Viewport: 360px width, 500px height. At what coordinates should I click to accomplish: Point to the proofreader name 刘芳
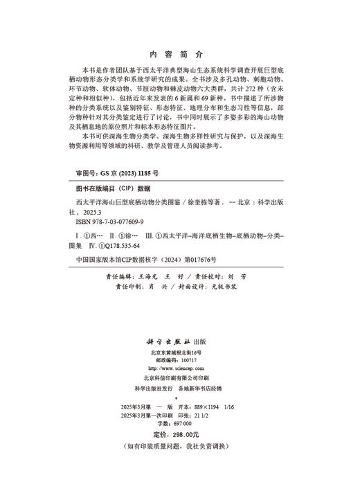pos(248,274)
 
